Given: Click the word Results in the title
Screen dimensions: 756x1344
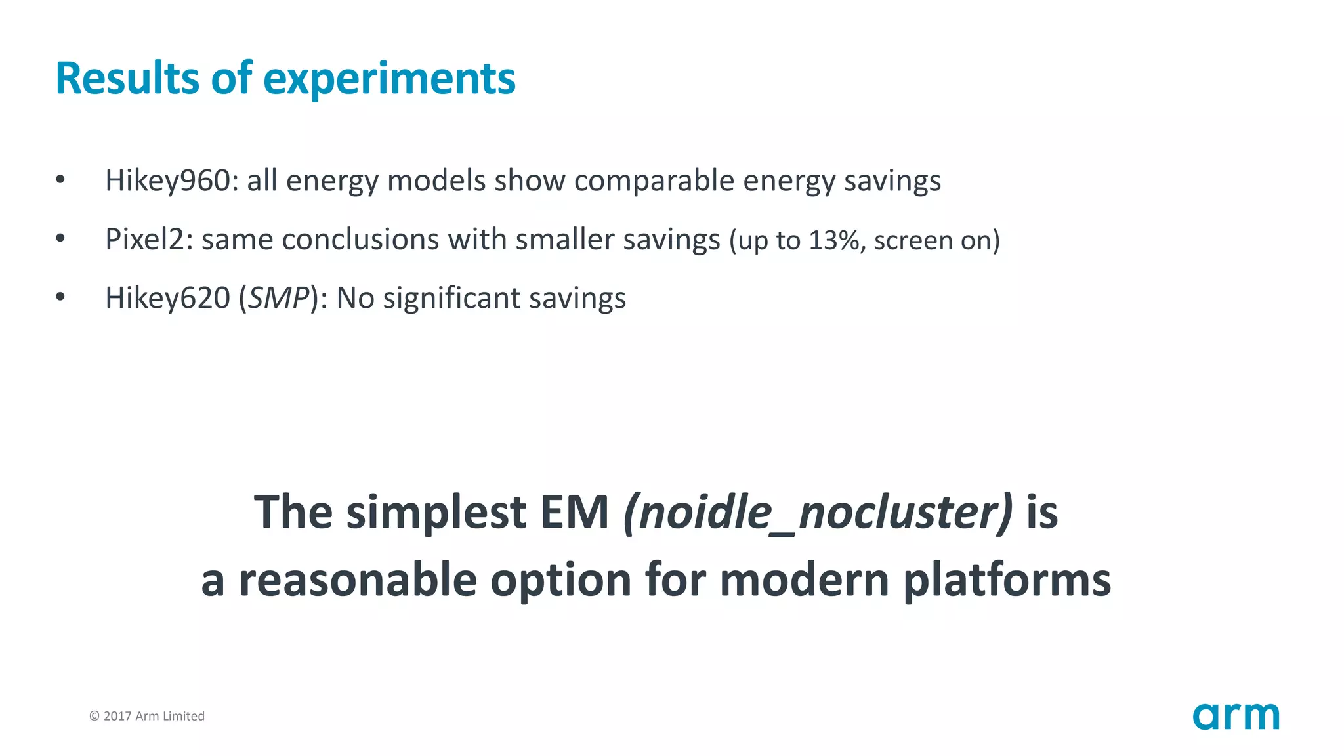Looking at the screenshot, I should coord(127,78).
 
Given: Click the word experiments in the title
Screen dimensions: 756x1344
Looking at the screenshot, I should coord(389,79).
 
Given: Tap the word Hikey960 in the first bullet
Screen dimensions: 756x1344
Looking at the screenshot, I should coord(168,180).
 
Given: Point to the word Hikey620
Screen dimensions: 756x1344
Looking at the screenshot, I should coord(168,298).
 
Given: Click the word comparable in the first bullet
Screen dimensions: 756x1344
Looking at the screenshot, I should coord(654,180).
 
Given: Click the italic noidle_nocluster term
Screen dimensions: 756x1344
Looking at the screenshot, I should coord(817,513).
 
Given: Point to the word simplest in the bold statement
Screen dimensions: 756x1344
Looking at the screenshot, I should coord(436,513).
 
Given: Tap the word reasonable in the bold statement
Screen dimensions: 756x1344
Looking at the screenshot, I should coord(358,580).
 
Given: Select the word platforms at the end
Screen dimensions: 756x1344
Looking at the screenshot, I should coord(1007,580).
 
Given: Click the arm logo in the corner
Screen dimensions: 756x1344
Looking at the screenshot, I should coord(1236,716).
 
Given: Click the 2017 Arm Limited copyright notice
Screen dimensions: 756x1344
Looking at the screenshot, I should coord(147,716).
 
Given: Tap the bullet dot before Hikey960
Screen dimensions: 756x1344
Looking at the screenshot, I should coord(60,180).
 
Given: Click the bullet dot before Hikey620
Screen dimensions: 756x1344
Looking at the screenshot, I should coord(60,297).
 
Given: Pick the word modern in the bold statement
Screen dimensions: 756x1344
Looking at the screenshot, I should coord(804,580).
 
